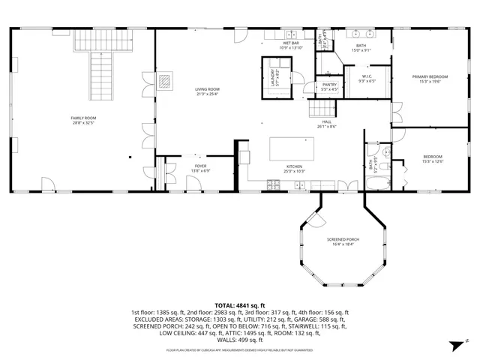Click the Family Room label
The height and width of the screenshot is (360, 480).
click(x=84, y=118)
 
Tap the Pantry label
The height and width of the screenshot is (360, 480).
click(x=328, y=84)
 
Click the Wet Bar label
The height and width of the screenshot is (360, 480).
click(x=291, y=43)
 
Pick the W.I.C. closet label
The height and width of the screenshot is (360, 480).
click(x=367, y=76)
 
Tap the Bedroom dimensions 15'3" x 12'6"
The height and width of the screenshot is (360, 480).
click(x=433, y=160)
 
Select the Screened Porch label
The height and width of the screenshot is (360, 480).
click(x=343, y=239)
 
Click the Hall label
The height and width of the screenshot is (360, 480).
click(x=327, y=121)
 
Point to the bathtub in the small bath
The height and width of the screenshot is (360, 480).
click(x=376, y=181)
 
